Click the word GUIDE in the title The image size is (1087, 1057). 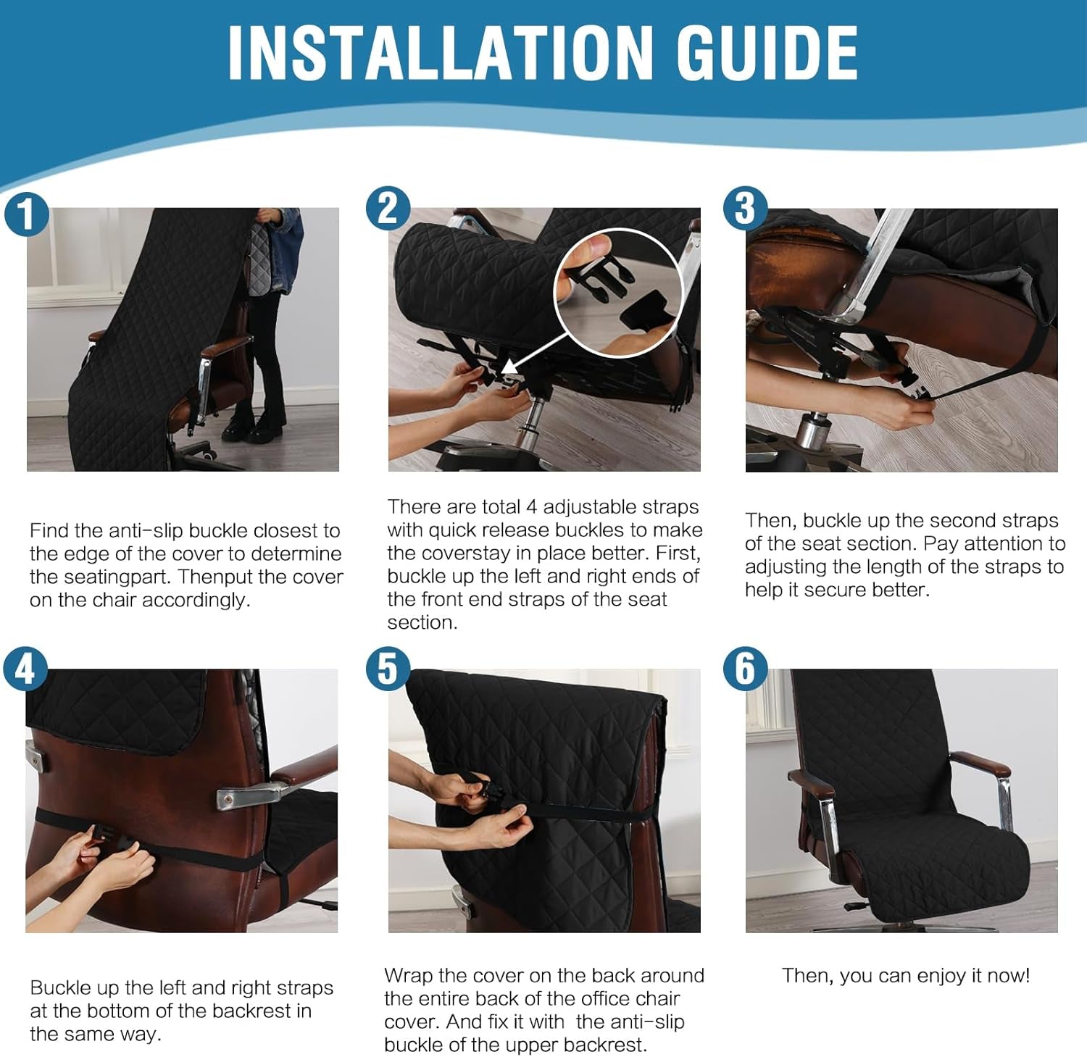click(x=767, y=52)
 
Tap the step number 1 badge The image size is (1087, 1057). click(x=26, y=214)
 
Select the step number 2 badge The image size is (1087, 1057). click(x=388, y=209)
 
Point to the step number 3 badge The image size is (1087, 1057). click(x=745, y=209)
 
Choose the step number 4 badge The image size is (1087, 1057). click(x=26, y=668)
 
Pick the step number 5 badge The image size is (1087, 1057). click(x=388, y=668)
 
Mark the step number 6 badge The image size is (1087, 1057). click(x=745, y=668)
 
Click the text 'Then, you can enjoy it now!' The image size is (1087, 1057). click(x=906, y=976)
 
